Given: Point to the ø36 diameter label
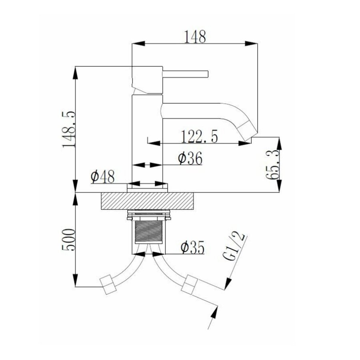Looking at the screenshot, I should [190, 158].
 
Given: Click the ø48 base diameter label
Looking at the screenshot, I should [103, 176].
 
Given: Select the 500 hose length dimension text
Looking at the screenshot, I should [69, 240].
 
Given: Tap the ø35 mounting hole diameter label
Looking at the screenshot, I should [192, 248].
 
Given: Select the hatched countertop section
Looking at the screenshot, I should [148, 200].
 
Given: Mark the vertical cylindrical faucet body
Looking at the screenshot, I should [147, 140].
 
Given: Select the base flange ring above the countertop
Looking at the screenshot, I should [147, 186].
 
